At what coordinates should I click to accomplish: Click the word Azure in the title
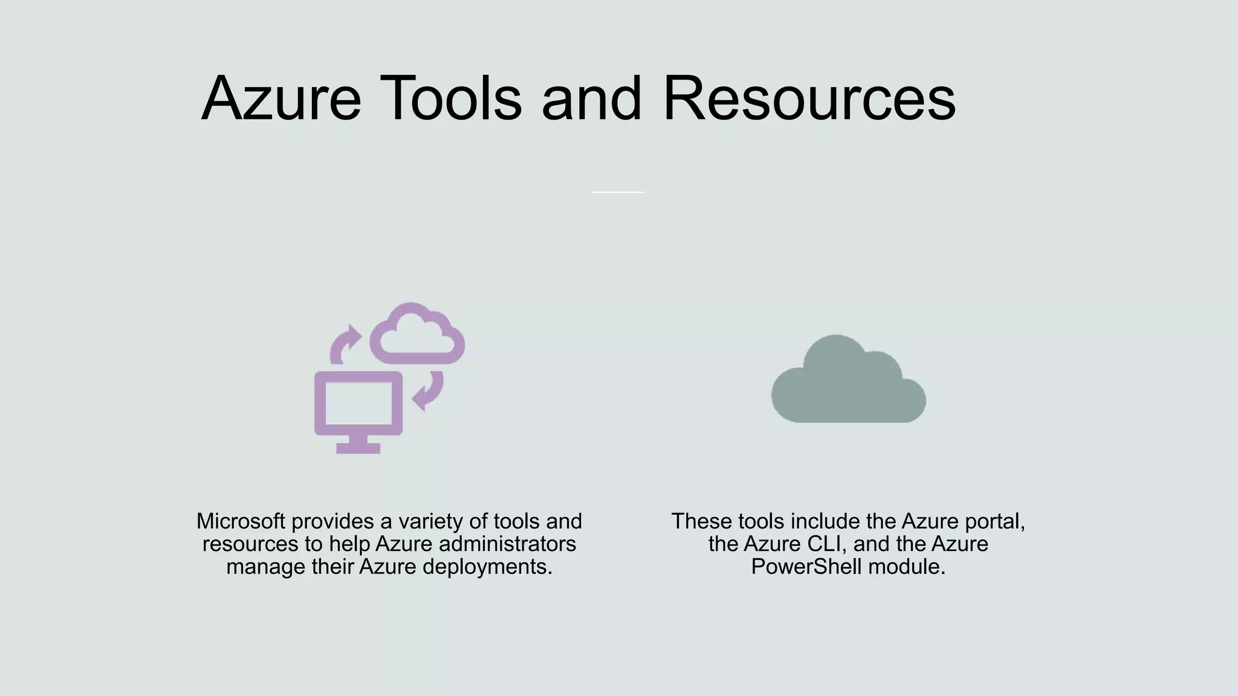point(281,98)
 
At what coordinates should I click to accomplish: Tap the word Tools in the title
point(450,98)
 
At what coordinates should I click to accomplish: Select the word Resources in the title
point(809,98)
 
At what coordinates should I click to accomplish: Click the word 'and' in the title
point(591,98)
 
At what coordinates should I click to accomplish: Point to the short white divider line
point(618,192)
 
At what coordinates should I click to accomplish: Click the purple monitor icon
point(358,404)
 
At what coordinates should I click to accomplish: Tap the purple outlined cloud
point(417,336)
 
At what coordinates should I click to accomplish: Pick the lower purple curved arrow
point(429,391)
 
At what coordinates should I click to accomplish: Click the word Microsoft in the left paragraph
point(241,521)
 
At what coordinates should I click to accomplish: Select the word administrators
point(507,544)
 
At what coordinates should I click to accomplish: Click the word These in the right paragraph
point(701,521)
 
